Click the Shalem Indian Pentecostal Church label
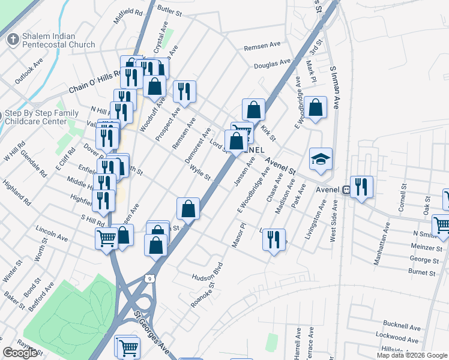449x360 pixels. click(58, 40)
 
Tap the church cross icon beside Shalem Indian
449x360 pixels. click(12, 40)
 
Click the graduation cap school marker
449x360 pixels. click(321, 159)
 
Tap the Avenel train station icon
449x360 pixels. click(346, 189)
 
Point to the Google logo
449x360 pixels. click(20, 353)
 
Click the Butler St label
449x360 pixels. click(169, 9)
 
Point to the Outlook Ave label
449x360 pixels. click(29, 71)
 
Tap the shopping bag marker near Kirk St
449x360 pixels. click(253, 110)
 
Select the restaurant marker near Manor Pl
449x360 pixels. click(274, 239)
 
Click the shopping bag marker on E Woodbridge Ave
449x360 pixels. click(315, 107)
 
